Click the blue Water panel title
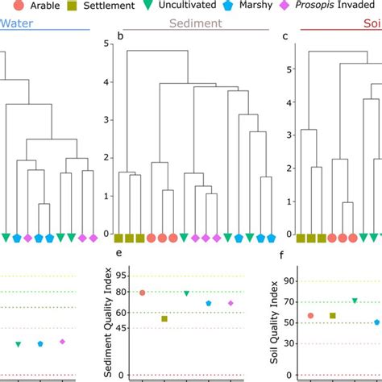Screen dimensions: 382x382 click(x=17, y=24)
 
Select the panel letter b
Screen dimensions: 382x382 click(x=120, y=36)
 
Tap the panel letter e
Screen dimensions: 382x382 click(x=120, y=256)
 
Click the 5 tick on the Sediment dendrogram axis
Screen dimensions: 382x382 click(x=106, y=44)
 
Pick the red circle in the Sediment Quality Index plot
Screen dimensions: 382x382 click(x=143, y=293)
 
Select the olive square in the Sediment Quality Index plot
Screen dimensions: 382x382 click(x=164, y=318)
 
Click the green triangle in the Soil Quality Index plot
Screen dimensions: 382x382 click(x=355, y=301)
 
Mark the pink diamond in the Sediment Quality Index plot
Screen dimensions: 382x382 click(x=230, y=303)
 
